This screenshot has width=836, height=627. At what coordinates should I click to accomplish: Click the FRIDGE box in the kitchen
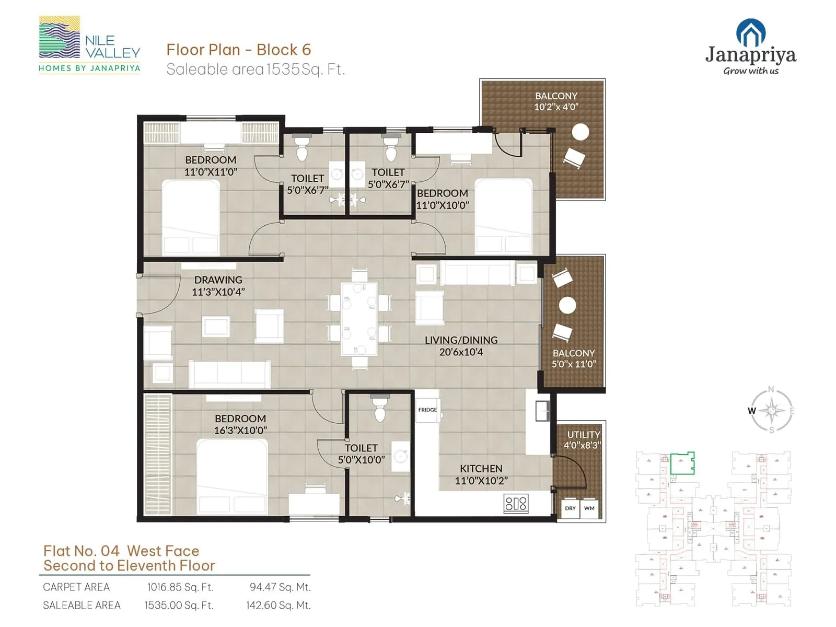[x=428, y=410]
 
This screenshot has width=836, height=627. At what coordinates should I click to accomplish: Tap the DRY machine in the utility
[x=570, y=508]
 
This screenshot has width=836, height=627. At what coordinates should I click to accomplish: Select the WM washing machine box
[x=589, y=508]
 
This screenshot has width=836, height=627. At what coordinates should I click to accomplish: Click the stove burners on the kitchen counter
[x=516, y=504]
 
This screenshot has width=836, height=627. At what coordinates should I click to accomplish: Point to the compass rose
[x=772, y=411]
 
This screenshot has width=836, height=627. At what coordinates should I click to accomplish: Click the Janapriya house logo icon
[x=751, y=33]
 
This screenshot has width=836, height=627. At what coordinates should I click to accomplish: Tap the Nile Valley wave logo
[x=60, y=38]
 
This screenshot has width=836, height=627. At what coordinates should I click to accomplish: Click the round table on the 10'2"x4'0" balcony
[x=580, y=132]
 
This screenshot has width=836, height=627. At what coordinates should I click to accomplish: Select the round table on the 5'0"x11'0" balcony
[x=567, y=305]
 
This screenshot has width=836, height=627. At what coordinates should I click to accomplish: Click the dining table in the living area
[x=359, y=319]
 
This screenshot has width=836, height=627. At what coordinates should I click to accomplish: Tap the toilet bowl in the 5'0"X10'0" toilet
[x=380, y=413]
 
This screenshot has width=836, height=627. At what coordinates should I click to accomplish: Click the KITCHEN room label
[x=481, y=469]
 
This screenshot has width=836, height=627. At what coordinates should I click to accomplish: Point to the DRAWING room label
[x=218, y=280]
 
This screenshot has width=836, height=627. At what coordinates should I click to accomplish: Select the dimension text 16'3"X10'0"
[x=240, y=431]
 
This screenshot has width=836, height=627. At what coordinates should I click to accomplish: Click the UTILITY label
[x=584, y=435]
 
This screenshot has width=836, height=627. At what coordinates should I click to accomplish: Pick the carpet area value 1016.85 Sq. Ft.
[x=180, y=587]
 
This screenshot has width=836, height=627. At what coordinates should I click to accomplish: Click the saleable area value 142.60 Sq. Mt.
[x=278, y=606]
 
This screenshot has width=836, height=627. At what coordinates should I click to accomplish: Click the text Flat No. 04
[x=82, y=551]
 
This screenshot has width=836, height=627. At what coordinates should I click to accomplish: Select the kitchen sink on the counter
[x=543, y=411]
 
